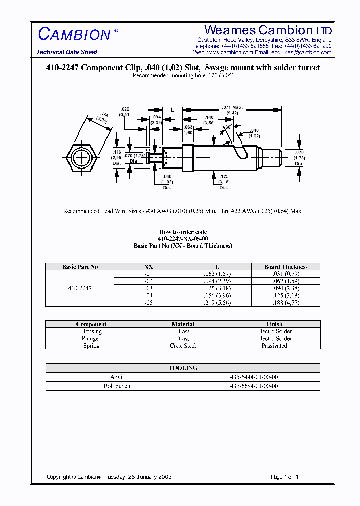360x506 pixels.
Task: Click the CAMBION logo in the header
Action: (x=74, y=34)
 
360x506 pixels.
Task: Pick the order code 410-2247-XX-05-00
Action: (x=183, y=239)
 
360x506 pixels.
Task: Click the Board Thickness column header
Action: (x=286, y=267)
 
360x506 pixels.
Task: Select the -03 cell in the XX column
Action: (x=148, y=288)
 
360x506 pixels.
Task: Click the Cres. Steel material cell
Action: (x=183, y=346)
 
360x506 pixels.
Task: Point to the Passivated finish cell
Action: (x=274, y=346)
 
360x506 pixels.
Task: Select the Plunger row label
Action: (x=91, y=338)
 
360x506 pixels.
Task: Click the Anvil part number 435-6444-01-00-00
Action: (x=254, y=377)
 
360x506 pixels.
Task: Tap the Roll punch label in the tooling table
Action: (x=117, y=386)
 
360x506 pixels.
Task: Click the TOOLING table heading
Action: (x=183, y=368)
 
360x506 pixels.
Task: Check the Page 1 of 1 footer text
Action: (x=284, y=477)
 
